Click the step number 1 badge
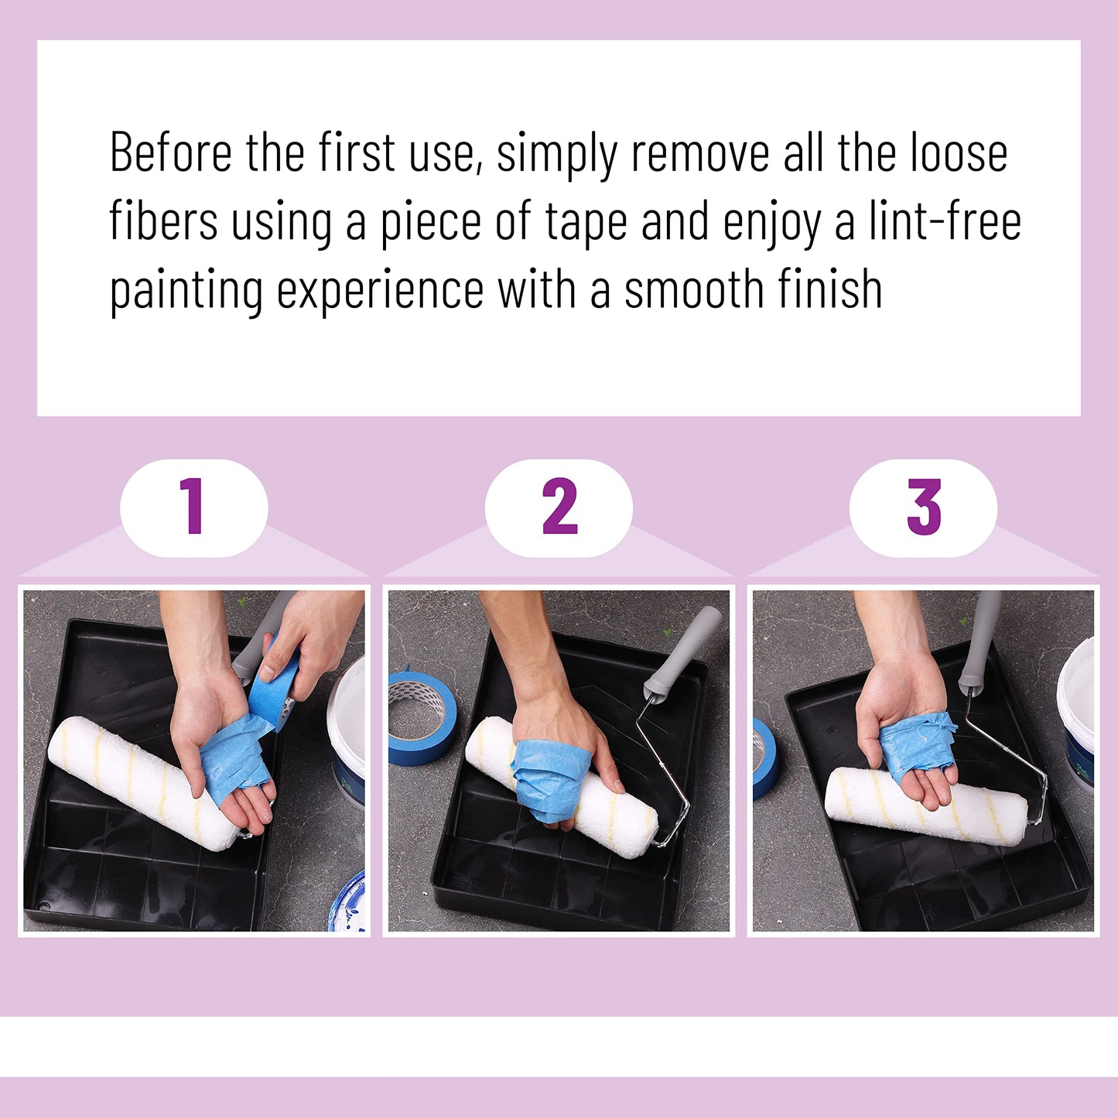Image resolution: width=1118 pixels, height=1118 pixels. [x=193, y=508]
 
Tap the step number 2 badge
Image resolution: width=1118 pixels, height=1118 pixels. [x=559, y=508]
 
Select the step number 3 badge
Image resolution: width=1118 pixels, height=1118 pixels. [x=923, y=508]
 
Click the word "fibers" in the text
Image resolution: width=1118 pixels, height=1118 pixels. [x=163, y=222]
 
